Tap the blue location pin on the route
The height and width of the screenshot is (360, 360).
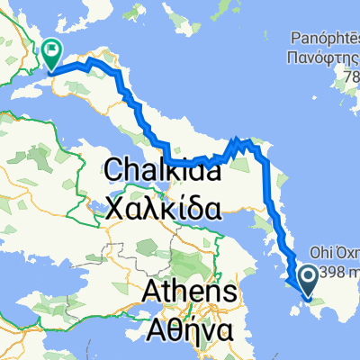point(307,280)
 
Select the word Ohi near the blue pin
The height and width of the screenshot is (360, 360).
point(320,253)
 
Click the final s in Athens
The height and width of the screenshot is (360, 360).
point(231,292)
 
